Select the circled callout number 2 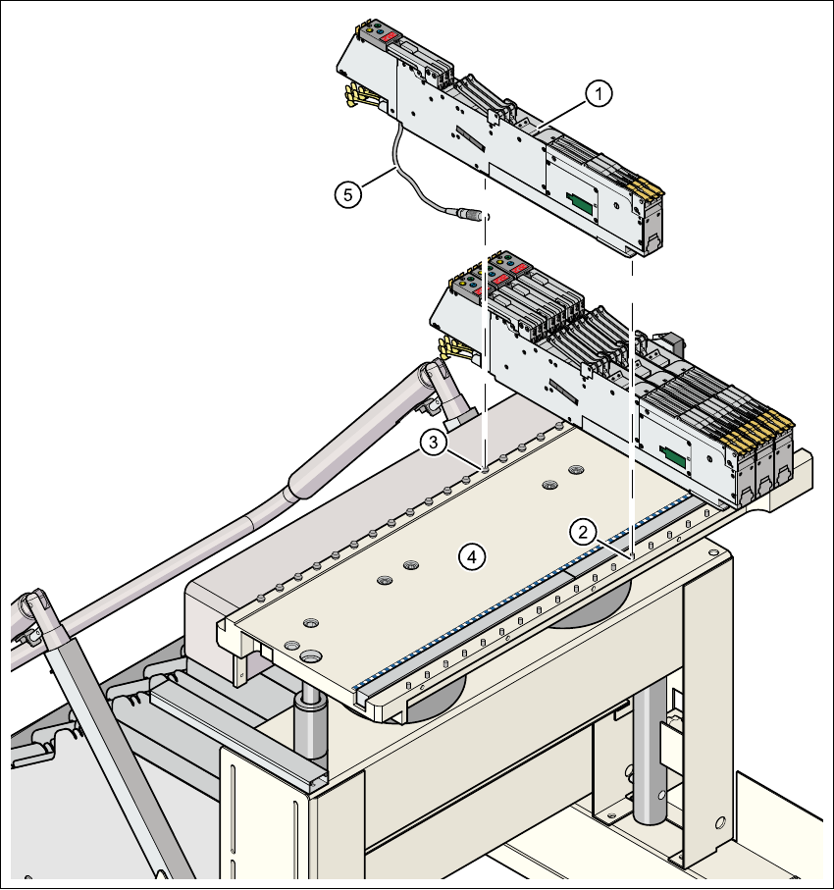(583, 532)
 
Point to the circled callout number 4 (472, 556)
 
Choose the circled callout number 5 (344, 193)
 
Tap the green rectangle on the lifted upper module (581, 203)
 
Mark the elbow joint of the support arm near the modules (436, 379)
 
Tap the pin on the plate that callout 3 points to (486, 467)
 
